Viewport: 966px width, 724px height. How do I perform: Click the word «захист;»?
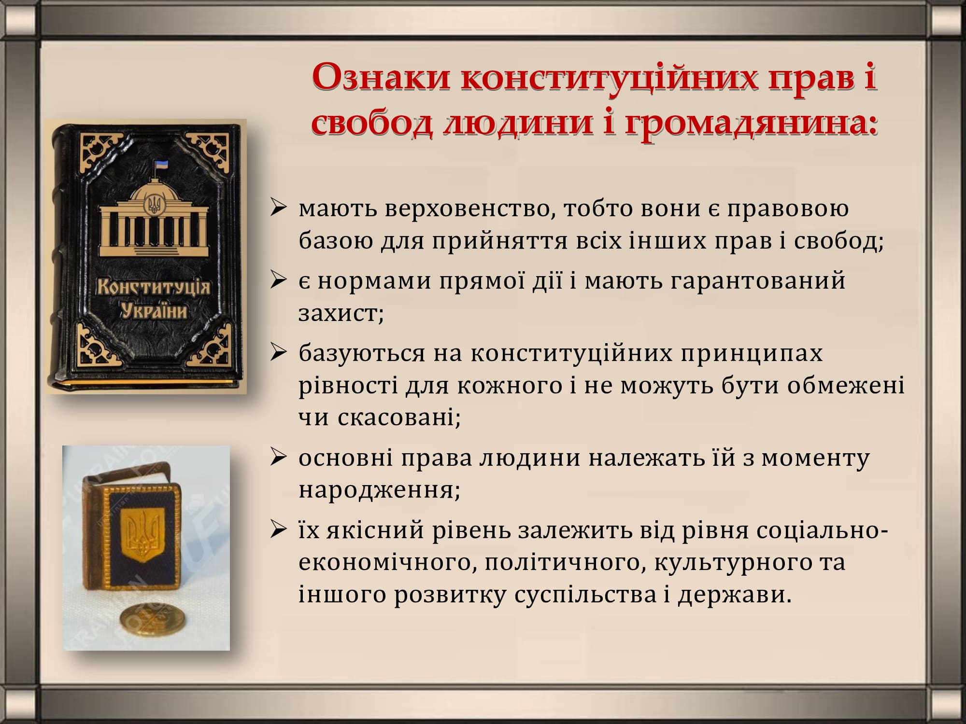(341, 313)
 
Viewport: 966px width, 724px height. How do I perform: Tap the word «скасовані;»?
(399, 418)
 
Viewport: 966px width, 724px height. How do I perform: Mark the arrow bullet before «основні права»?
(279, 458)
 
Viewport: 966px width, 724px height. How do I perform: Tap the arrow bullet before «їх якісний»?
(279, 530)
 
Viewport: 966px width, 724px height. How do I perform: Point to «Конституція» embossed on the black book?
(154, 288)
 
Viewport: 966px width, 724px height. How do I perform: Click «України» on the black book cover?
(154, 311)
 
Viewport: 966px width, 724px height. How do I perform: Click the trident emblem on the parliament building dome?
(154, 205)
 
